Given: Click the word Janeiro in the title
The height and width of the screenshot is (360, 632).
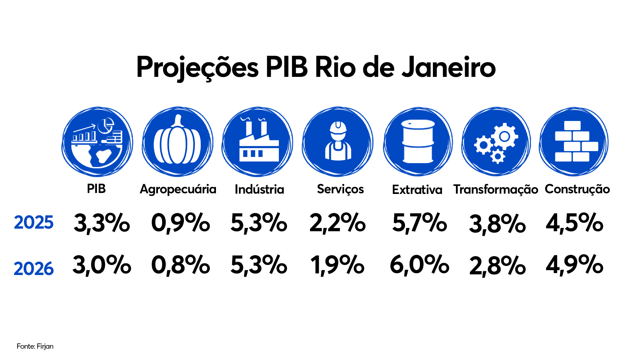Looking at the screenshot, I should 448,67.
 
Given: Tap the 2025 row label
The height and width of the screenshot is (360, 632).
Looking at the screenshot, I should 34,222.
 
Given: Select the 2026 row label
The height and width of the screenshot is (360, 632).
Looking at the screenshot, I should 34,269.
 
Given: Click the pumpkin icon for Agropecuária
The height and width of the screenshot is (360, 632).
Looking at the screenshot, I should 177,142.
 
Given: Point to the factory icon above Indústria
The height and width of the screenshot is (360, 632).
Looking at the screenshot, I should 257,142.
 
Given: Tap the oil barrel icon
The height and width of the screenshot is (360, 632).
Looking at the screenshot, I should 418,142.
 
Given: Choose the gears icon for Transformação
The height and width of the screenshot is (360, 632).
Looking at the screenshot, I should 496,142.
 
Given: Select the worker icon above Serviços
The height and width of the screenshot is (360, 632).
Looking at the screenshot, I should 338,142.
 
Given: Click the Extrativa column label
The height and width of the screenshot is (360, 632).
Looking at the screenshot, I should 417,190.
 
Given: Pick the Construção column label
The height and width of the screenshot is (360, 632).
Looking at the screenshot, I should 577,189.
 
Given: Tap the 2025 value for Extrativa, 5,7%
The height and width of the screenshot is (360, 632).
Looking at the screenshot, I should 419,223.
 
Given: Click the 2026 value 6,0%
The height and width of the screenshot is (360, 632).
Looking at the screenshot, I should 419,265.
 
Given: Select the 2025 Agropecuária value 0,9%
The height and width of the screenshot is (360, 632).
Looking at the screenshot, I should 181,223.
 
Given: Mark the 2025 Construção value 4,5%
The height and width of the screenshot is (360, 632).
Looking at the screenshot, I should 574,223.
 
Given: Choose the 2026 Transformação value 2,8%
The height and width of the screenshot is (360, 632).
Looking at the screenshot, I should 497,266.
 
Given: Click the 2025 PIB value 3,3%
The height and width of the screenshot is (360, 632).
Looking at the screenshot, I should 102,223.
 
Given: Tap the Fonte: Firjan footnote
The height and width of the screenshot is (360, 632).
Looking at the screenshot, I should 35,346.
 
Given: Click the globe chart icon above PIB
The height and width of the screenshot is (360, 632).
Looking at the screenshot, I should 97,142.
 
